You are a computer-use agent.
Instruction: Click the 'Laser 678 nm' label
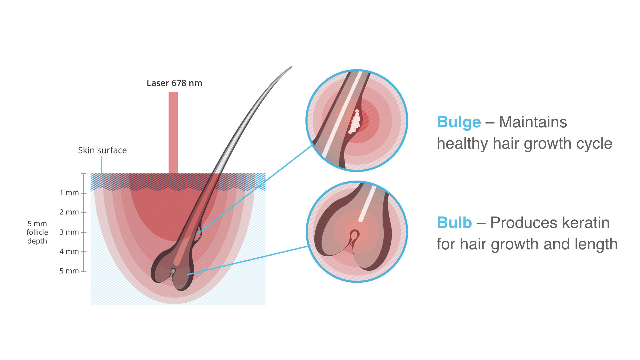point(174,83)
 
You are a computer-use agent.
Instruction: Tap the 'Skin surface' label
point(102,150)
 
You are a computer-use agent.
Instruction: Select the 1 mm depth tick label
point(69,193)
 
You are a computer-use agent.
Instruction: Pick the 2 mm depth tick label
point(69,212)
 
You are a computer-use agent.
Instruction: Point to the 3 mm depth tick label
point(69,232)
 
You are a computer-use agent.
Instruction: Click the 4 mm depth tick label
point(69,251)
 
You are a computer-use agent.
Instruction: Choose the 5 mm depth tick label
point(69,271)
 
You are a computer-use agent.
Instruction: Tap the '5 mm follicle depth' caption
point(37,232)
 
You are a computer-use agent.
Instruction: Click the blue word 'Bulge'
point(459,122)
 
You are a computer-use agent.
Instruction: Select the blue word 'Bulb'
point(454,223)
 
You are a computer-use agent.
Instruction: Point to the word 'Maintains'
point(533,122)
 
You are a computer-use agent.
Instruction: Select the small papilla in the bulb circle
point(354,236)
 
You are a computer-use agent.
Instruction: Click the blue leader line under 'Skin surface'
point(101,165)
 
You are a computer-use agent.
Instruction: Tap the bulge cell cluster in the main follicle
point(198,234)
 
